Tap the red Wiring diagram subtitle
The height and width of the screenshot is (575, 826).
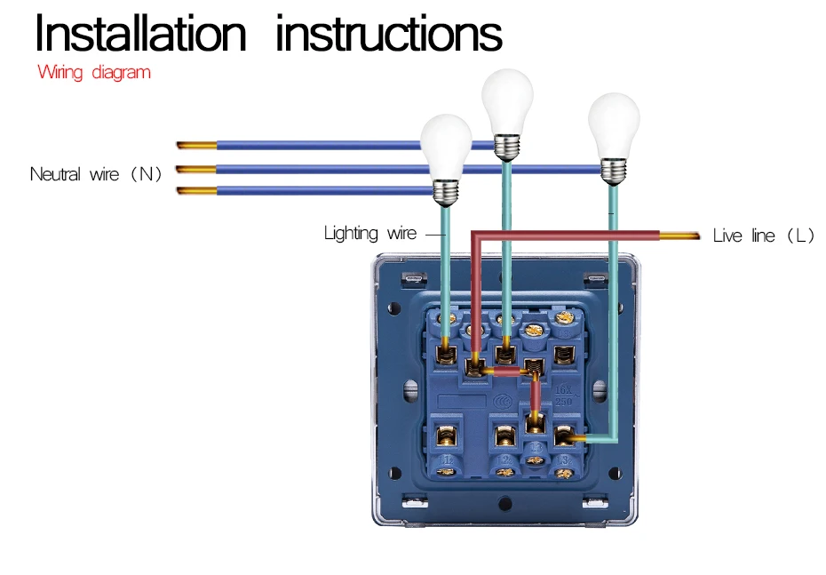94,73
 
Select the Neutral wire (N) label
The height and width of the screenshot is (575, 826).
96,174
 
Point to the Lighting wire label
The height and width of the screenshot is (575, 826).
369,234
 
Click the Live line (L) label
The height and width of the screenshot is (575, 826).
763,236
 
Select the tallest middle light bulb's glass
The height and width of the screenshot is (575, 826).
507,98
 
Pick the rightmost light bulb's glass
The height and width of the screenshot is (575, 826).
614,124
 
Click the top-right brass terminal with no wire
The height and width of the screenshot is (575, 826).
562,355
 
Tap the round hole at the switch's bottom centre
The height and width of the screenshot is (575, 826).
506,502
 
